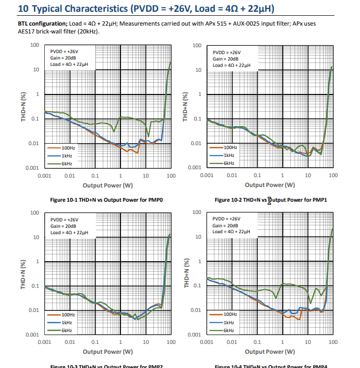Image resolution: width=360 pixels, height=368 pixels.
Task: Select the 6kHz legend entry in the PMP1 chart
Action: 229,163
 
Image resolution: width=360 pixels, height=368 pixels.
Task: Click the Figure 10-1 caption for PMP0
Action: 107,200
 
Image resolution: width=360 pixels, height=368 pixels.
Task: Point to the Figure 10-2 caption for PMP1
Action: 271,200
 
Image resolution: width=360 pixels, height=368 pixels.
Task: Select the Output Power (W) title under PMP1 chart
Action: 270,185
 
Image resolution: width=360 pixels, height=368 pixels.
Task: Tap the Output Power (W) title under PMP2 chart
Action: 108,352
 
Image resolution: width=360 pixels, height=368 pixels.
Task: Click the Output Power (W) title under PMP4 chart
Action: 270,351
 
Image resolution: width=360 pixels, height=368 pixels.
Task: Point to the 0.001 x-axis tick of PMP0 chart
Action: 45,176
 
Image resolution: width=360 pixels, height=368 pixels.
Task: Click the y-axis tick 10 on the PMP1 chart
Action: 198,70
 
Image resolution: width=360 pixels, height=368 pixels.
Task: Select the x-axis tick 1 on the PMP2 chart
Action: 120,342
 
